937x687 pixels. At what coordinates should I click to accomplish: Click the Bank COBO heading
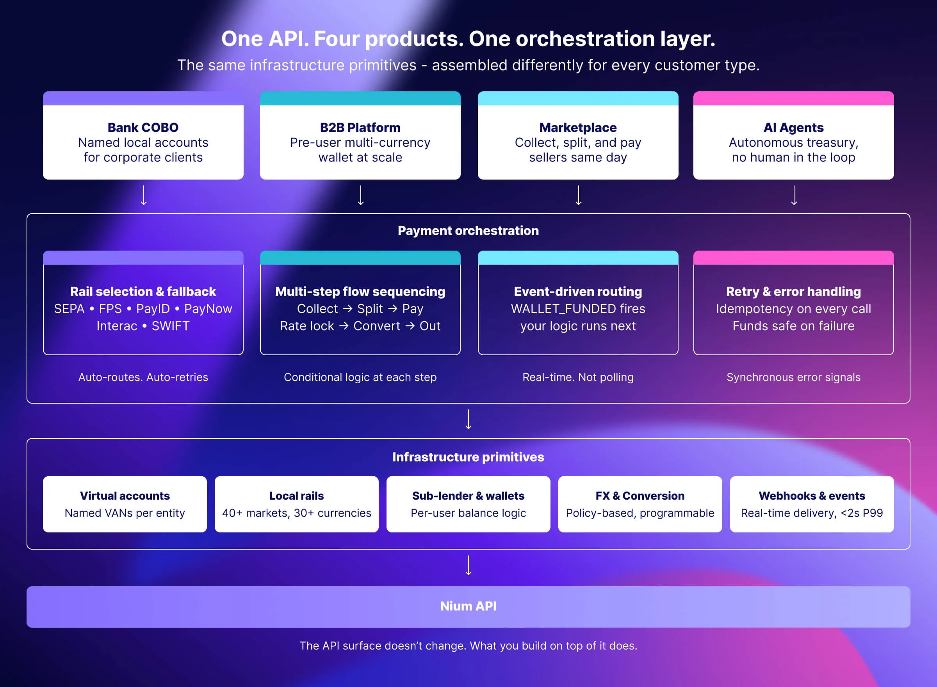point(143,127)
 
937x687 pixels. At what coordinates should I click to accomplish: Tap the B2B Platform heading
point(360,127)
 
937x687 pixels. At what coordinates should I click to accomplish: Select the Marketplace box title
point(578,127)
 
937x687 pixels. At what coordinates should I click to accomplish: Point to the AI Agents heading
point(793,127)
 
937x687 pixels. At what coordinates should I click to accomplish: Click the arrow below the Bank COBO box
point(144,196)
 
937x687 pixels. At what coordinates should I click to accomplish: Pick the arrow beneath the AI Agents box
point(794,196)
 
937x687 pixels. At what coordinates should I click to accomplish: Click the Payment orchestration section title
point(468,230)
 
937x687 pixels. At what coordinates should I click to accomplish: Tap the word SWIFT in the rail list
point(171,326)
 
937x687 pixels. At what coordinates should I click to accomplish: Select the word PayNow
point(208,309)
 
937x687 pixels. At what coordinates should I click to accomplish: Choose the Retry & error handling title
point(793,292)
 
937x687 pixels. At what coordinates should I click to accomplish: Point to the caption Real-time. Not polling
point(578,377)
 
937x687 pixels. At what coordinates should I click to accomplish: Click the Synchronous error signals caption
point(793,377)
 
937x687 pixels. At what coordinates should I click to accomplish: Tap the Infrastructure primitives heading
point(468,457)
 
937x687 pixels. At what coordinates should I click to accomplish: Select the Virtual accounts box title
point(125,496)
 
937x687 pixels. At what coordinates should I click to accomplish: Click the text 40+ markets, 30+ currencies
point(297,513)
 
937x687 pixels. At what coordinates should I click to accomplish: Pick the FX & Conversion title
point(640,496)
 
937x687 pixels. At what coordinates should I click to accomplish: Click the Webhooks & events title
point(811,496)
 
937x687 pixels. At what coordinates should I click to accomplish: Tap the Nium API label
point(468,606)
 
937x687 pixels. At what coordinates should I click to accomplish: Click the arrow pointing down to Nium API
point(468,566)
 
